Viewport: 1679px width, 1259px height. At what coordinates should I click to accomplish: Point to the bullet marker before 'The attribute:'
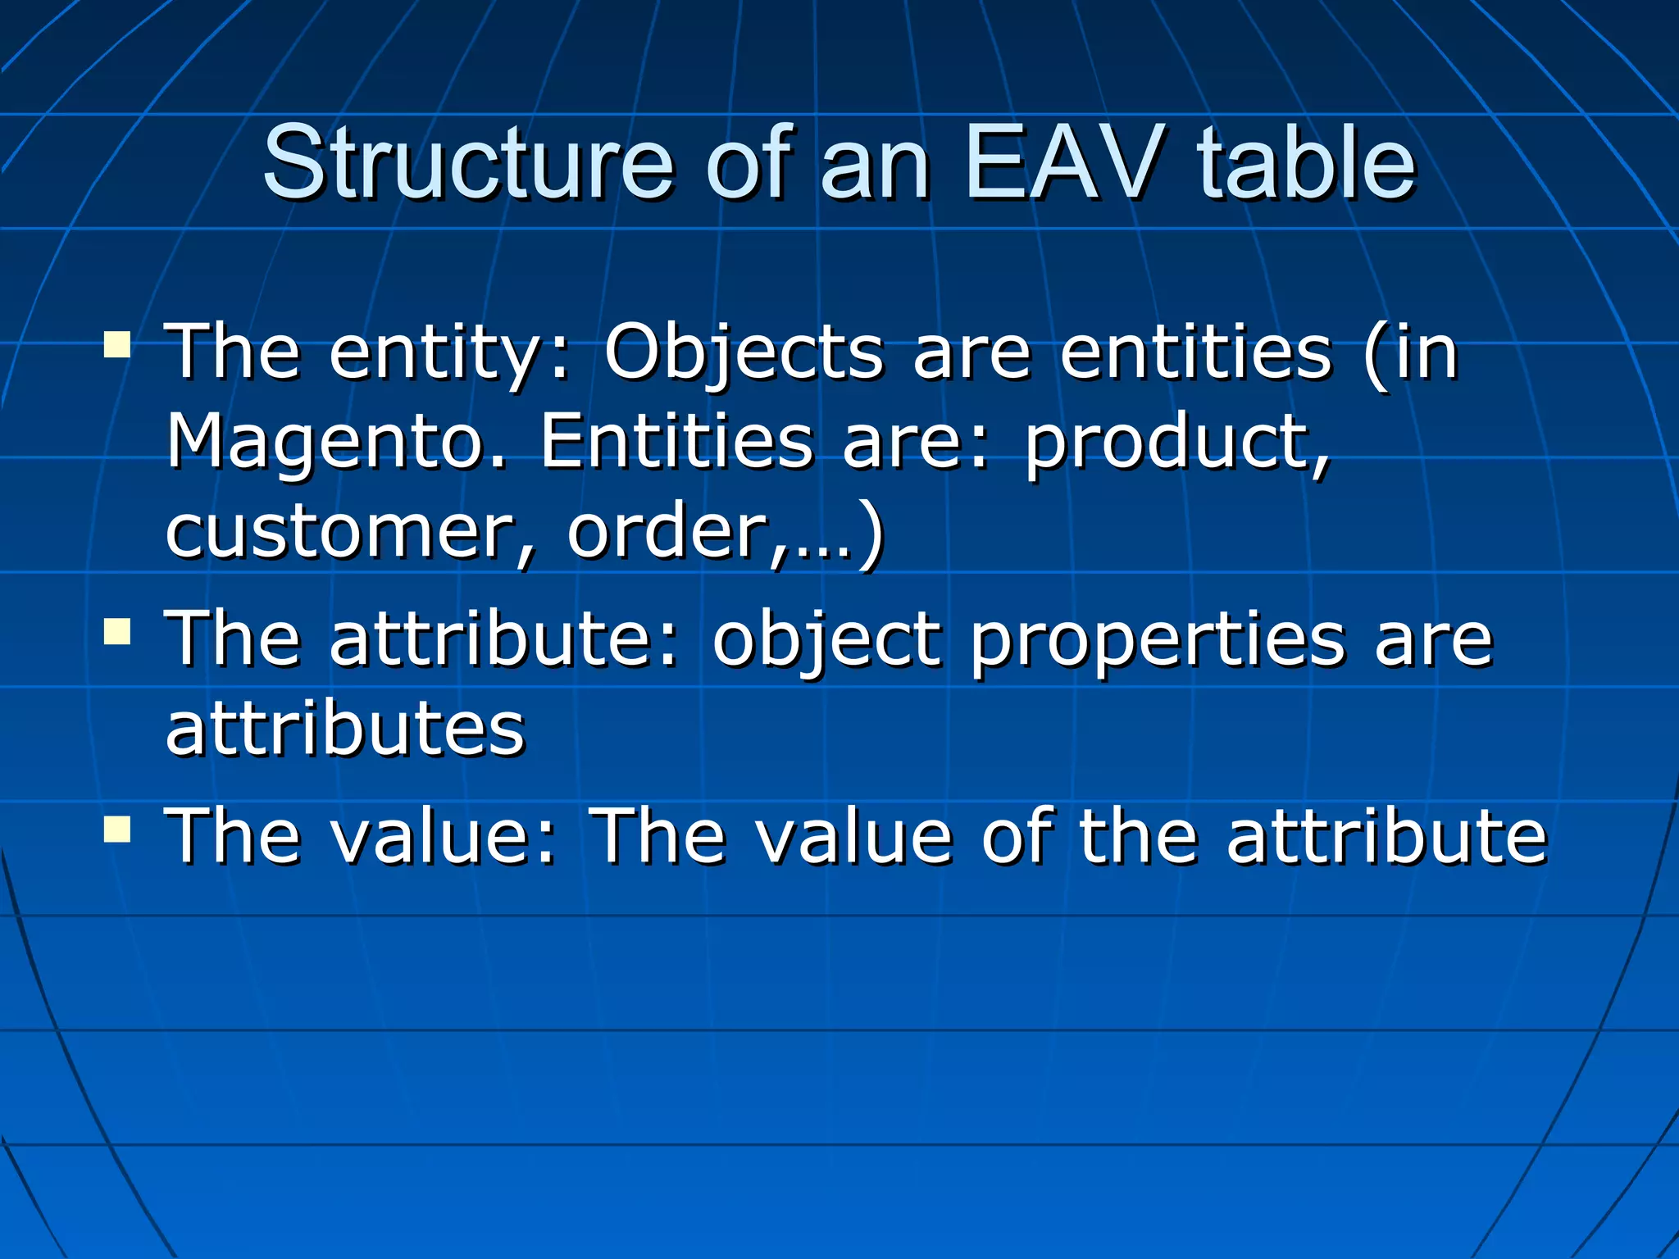coord(118,632)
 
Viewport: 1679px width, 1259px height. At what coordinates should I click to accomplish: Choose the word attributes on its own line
coord(345,729)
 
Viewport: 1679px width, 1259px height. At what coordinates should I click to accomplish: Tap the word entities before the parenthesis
coord(1196,352)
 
